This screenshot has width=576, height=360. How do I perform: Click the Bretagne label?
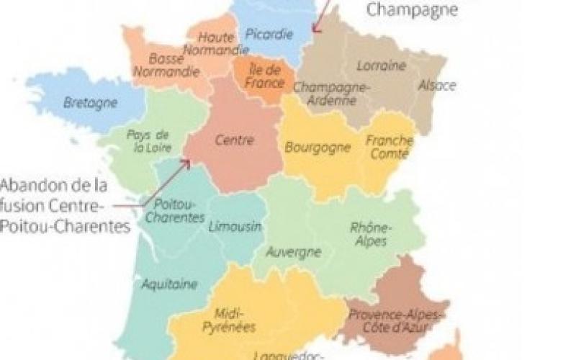click(91, 102)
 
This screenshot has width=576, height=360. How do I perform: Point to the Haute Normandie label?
click(215, 42)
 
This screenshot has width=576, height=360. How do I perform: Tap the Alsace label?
click(437, 86)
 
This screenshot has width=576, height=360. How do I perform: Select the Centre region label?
click(235, 140)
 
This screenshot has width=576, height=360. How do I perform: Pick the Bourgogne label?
click(318, 148)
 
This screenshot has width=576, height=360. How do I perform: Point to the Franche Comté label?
click(389, 148)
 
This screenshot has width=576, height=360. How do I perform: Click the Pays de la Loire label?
click(148, 141)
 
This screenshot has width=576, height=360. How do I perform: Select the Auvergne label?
click(293, 252)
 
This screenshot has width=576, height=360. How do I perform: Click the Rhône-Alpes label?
click(371, 235)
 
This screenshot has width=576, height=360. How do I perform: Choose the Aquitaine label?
click(169, 284)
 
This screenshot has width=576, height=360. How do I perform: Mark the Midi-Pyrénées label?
click(235, 320)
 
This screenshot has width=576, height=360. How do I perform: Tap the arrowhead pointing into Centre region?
click(187, 162)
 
